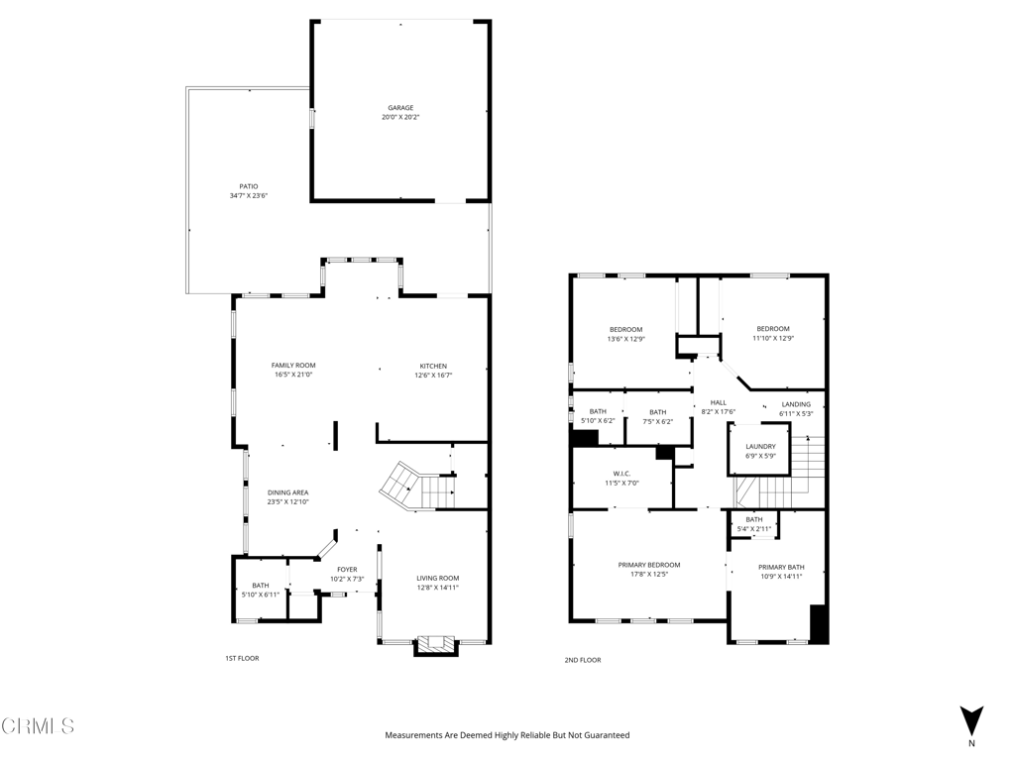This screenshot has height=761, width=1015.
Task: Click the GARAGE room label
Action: (x=400, y=108)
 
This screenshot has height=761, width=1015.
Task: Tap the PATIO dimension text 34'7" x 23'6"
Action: (x=249, y=196)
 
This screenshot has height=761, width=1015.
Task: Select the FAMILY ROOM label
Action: (x=293, y=366)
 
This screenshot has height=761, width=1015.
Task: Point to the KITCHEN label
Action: (x=432, y=366)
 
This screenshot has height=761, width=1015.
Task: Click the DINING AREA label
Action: (x=287, y=492)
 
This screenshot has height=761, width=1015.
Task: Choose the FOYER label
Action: (x=347, y=570)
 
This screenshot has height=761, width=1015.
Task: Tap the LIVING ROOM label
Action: (x=437, y=579)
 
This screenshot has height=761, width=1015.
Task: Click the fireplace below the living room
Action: (x=436, y=646)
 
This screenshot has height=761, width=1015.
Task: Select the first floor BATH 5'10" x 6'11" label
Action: (x=261, y=586)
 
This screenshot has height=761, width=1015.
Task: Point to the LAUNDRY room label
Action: (x=760, y=447)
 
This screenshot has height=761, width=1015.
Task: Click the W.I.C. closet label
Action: (x=621, y=474)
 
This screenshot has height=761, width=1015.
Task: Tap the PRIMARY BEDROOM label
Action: (x=649, y=565)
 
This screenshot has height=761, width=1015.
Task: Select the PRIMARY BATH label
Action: (x=781, y=568)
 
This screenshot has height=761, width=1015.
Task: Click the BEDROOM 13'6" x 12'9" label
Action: (x=625, y=330)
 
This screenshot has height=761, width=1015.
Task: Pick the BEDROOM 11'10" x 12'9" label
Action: (x=773, y=329)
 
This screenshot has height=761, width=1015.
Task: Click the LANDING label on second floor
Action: (x=796, y=404)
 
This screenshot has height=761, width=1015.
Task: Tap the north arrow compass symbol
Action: (x=971, y=720)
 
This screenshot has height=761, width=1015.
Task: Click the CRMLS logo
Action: (x=38, y=726)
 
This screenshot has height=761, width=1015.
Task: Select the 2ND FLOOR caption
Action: (x=583, y=660)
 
